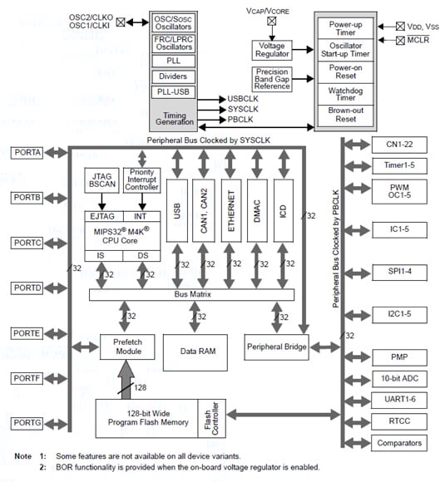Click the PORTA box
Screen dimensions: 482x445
coord(32,152)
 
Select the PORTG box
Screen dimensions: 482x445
coord(32,424)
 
